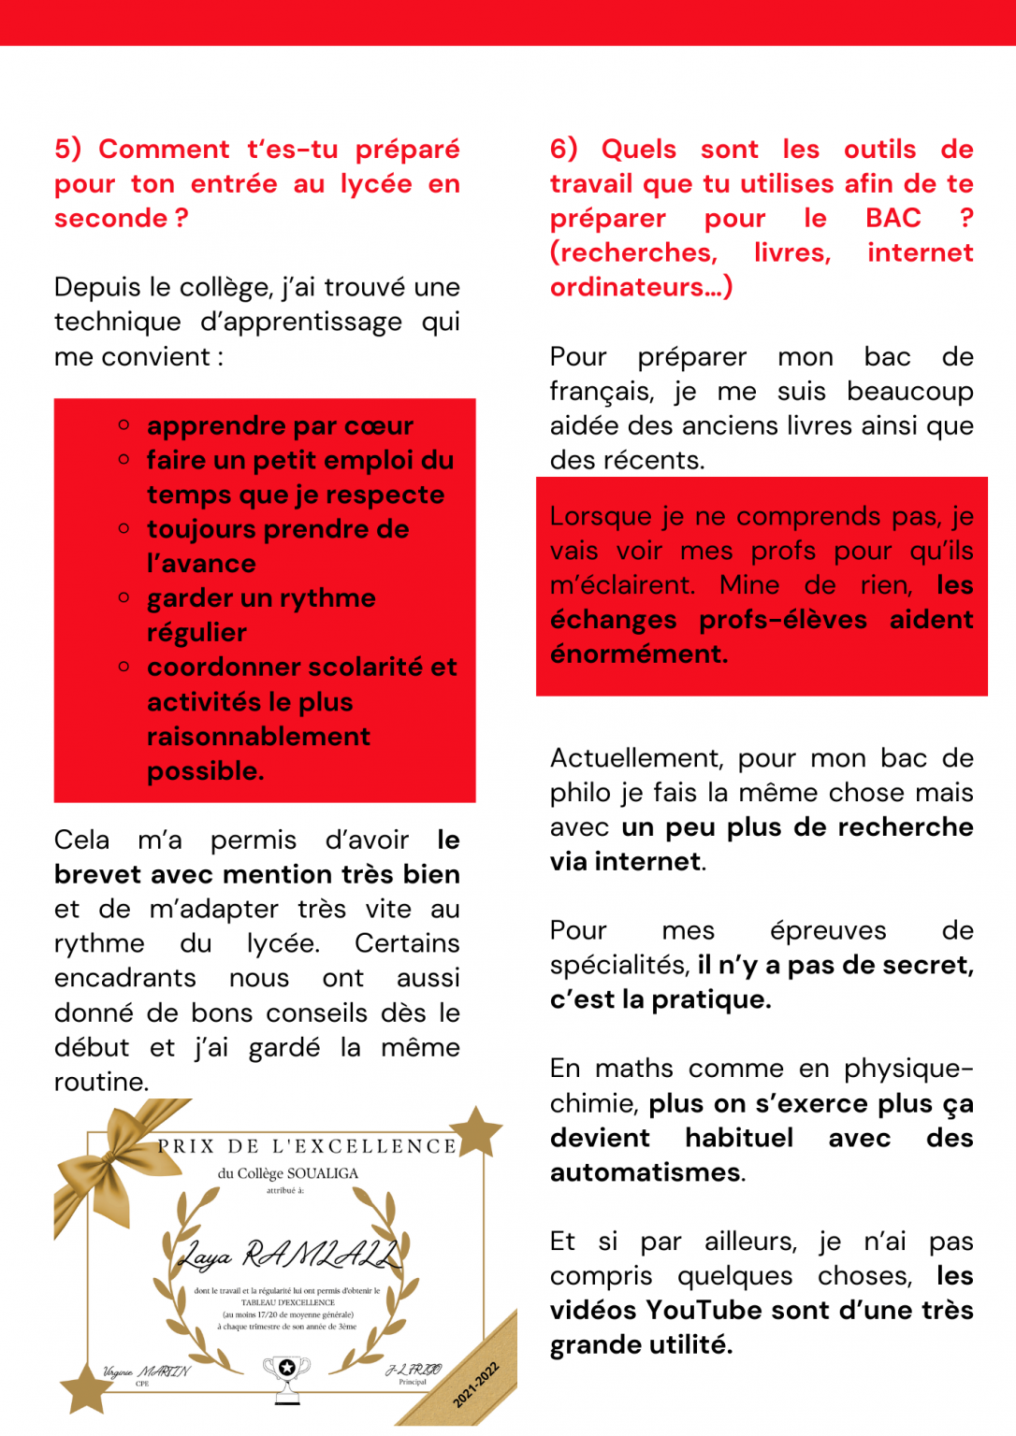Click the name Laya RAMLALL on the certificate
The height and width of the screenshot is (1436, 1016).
pyautogui.click(x=288, y=1254)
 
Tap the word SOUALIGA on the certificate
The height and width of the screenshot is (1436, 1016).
pyautogui.click(x=323, y=1173)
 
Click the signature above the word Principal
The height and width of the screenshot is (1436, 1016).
pyautogui.click(x=414, y=1369)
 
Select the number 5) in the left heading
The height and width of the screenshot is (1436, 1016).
pyautogui.click(x=67, y=149)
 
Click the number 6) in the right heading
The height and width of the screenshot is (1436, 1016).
pyautogui.click(x=563, y=149)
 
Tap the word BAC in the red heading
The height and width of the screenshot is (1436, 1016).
pyautogui.click(x=893, y=218)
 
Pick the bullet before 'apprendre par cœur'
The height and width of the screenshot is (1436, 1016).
pyautogui.click(x=123, y=425)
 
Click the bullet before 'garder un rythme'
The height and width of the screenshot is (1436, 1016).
pyautogui.click(x=123, y=597)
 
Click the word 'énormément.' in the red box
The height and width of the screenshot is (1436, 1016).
pyautogui.click(x=639, y=653)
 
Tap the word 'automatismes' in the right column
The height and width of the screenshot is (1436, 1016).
pyautogui.click(x=646, y=1172)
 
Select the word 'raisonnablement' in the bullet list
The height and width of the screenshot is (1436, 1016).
pyautogui.click(x=258, y=736)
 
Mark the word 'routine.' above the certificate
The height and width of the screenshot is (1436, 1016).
pyautogui.click(x=102, y=1082)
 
